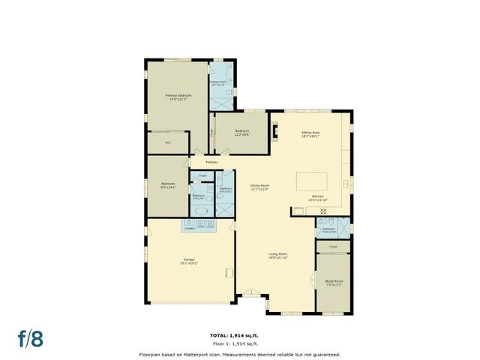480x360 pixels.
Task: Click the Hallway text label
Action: point(211,162)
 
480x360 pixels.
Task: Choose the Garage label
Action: point(189,260)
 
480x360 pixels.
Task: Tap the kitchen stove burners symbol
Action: point(323,212)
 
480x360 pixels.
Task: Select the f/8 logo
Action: point(32,337)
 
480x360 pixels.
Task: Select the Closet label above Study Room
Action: point(333,246)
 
